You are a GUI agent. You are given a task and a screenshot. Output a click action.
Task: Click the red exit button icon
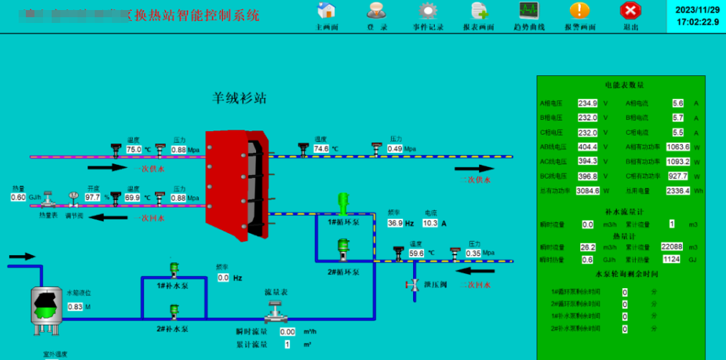[x=631, y=10]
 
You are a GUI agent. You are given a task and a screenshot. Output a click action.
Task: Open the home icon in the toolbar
[x=326, y=10]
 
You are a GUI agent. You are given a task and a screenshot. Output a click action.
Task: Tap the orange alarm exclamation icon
[x=579, y=10]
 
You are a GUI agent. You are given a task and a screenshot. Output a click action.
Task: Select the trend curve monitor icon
[x=529, y=10]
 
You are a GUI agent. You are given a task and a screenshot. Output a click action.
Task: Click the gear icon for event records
[x=428, y=10]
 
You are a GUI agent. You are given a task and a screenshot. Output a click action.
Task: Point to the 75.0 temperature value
[x=134, y=150]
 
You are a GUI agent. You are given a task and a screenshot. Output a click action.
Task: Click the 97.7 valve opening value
[x=93, y=197]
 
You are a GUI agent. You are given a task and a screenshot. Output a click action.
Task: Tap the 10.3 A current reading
[x=430, y=223]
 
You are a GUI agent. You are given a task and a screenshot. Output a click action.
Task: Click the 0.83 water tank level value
[x=75, y=307]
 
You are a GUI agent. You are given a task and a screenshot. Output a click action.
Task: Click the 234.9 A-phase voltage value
[x=588, y=103]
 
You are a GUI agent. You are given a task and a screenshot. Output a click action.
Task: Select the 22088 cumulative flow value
[x=671, y=247]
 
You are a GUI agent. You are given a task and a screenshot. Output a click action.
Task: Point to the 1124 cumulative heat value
[x=671, y=260]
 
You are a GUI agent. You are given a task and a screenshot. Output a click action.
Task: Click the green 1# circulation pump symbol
[x=343, y=202]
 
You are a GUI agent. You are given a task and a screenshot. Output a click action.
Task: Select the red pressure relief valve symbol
[x=414, y=285]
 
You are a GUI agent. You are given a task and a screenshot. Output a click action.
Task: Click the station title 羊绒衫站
[x=239, y=98]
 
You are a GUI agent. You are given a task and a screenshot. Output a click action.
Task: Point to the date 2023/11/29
[x=697, y=9]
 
